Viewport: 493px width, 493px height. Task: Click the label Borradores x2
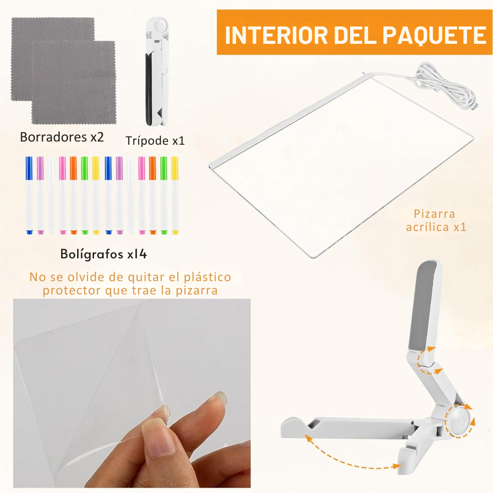(62, 137)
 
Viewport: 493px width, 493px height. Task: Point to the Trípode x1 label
(155, 141)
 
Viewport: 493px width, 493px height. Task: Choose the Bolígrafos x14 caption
(104, 254)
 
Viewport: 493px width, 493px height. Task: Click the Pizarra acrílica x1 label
(436, 220)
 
